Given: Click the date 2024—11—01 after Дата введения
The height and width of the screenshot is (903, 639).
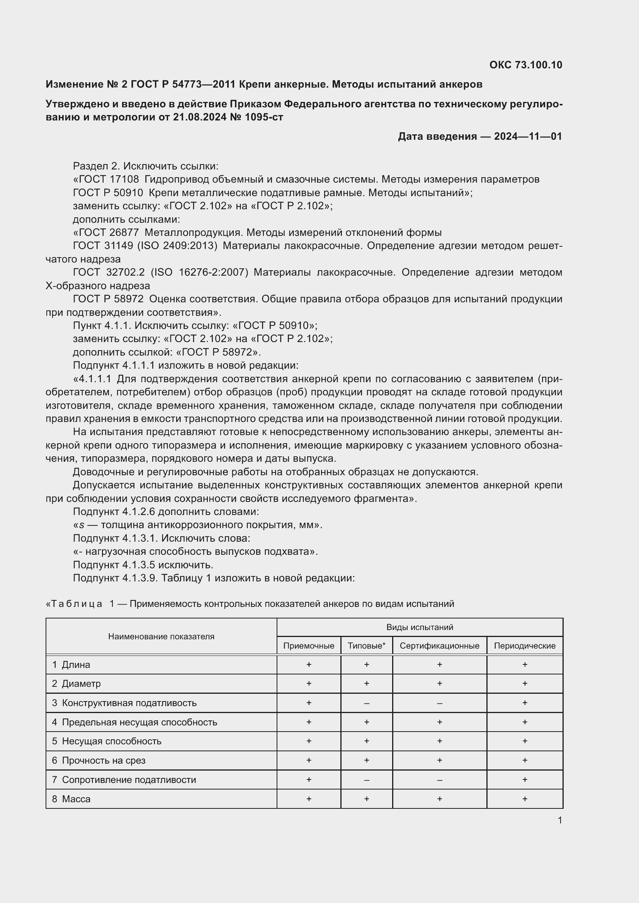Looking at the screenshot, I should [528, 136].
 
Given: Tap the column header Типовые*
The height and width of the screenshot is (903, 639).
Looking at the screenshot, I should [366, 646].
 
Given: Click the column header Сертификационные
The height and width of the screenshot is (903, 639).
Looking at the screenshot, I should [439, 646].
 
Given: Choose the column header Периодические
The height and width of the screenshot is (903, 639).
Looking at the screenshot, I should [525, 646].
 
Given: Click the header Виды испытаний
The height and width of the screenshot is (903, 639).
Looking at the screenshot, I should [420, 627].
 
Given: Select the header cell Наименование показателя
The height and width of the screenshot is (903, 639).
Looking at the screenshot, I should [161, 636].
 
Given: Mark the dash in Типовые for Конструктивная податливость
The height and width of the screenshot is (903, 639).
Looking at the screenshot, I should [366, 703].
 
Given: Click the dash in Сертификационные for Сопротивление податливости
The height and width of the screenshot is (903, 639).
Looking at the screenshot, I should [439, 779].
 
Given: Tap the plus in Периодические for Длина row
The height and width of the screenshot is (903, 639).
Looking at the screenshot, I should [525, 665].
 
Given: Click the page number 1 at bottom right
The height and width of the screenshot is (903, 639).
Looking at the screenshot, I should [559, 820].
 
